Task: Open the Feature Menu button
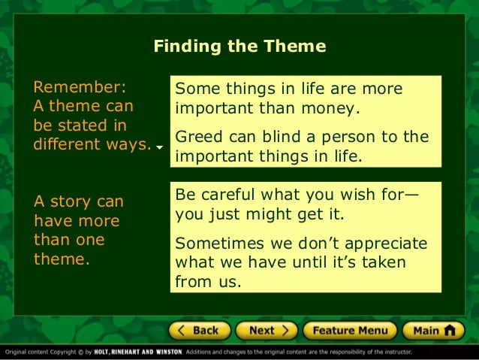tap(350, 331)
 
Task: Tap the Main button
tap(434, 331)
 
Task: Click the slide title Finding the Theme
tap(239, 47)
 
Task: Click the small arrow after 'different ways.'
tap(160, 148)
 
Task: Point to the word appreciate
tap(383, 244)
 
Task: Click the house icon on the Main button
tap(450, 331)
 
